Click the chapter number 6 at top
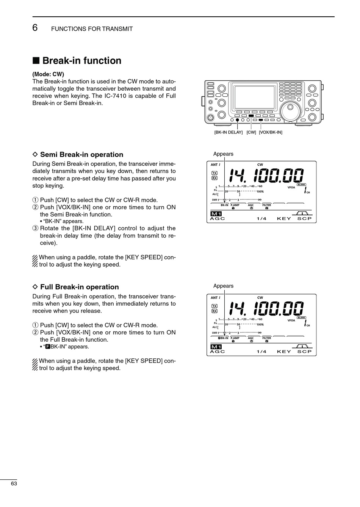point(35,27)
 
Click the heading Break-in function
point(81,61)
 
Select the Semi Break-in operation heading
point(81,154)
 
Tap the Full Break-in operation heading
point(79,287)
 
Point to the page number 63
point(14,483)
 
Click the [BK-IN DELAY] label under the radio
point(228,132)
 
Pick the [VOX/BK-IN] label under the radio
point(271,132)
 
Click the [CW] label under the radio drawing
point(251,132)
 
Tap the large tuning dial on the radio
point(291,110)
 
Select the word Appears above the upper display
point(223,154)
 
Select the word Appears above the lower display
point(223,286)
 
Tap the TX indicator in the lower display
point(214,306)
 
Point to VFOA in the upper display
point(291,187)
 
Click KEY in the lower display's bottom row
point(284,352)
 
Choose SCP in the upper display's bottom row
point(304,218)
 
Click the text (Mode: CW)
point(48,74)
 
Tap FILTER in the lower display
point(266,338)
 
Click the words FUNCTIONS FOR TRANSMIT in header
point(92,29)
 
